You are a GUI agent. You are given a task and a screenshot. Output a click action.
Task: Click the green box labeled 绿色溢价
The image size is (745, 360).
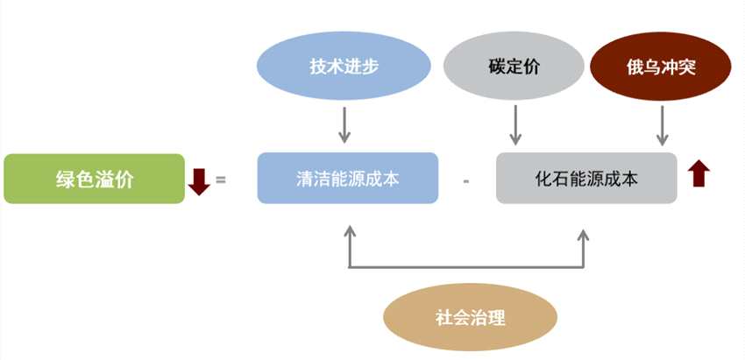pyautogui.click(x=94, y=179)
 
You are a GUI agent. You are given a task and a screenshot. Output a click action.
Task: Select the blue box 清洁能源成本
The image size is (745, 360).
pyautogui.click(x=347, y=179)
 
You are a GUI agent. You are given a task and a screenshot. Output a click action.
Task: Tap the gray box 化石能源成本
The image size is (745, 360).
pyautogui.click(x=586, y=179)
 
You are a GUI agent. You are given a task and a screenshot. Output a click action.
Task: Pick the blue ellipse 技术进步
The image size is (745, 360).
pyautogui.click(x=344, y=67)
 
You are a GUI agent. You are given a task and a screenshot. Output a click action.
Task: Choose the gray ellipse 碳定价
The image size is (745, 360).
pyautogui.click(x=513, y=67)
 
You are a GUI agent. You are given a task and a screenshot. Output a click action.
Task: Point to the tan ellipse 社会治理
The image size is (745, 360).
pyautogui.click(x=470, y=316)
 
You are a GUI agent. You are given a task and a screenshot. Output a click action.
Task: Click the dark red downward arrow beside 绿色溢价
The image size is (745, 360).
pyautogui.click(x=200, y=180)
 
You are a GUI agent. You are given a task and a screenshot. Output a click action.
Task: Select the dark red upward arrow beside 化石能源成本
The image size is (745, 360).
pyautogui.click(x=699, y=173)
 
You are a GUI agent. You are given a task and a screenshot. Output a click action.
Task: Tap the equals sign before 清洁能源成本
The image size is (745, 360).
pyautogui.click(x=221, y=180)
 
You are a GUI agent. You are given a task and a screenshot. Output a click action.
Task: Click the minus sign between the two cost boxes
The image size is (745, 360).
pyautogui.click(x=466, y=181)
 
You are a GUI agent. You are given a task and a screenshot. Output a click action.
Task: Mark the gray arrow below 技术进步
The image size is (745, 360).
pyautogui.click(x=344, y=124)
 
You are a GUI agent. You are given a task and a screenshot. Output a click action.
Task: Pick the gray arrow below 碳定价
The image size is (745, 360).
pyautogui.click(x=515, y=124)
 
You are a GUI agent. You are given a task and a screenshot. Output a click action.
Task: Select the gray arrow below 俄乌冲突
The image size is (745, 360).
pyautogui.click(x=663, y=124)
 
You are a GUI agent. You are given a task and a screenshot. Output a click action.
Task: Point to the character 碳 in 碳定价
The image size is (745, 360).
pyautogui.click(x=495, y=67)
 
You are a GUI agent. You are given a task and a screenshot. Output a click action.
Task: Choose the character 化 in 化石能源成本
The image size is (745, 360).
pyautogui.click(x=542, y=179)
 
